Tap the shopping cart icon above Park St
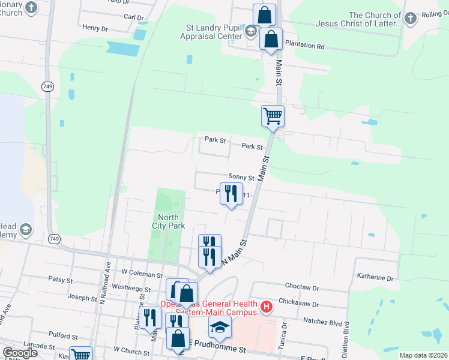coord(273,116)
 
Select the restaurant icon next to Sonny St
coord(231,195)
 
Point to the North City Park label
coord(168,221)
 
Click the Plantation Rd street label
coord(304,45)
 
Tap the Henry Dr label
coord(95,28)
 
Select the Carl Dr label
coord(133,17)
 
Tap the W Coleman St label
coord(142,275)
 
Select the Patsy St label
coord(60,280)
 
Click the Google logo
coord(20,353)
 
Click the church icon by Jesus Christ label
coord(410,19)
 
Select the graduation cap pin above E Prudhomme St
coord(220,327)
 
